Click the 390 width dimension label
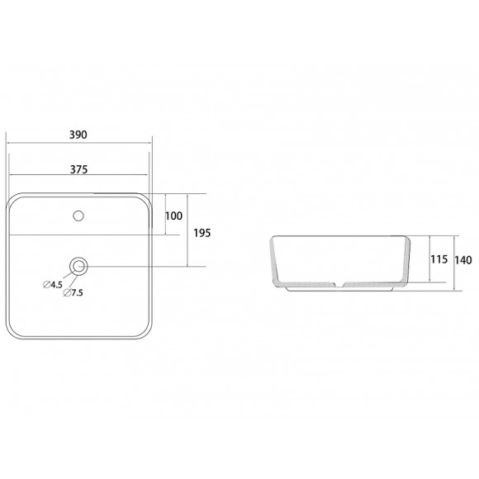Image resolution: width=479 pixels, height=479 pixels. click(x=80, y=133)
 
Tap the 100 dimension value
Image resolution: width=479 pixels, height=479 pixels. click(x=173, y=216)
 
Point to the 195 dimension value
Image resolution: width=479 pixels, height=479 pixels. click(x=202, y=232)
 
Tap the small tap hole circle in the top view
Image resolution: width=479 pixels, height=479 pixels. click(x=79, y=216)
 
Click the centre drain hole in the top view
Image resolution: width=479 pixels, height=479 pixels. click(x=79, y=266)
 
